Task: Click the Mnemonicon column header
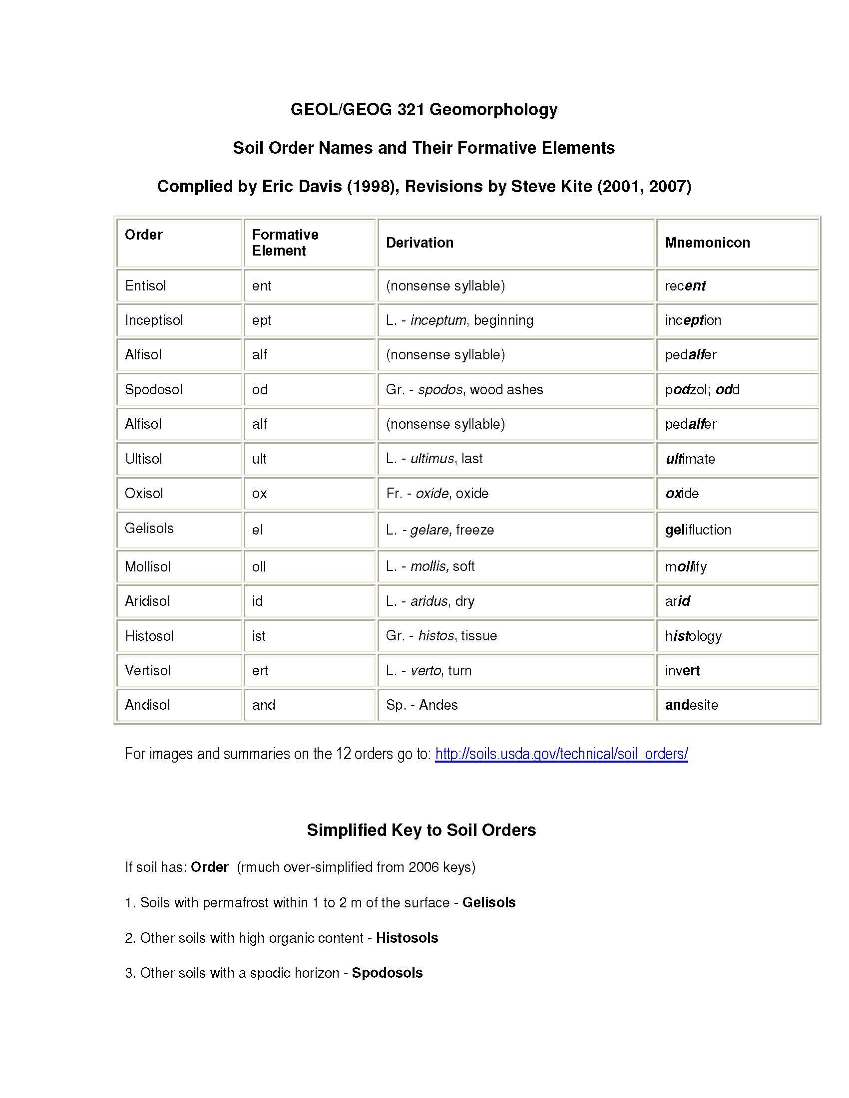pyautogui.click(x=707, y=243)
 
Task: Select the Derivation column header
pyautogui.click(x=420, y=243)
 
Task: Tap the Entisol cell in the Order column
pyautogui.click(x=145, y=285)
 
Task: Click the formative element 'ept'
pyautogui.click(x=262, y=320)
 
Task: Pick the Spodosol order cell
pyautogui.click(x=153, y=389)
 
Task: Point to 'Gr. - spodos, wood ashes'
pyautogui.click(x=464, y=389)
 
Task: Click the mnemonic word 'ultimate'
pyautogui.click(x=690, y=459)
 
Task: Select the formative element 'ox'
pyautogui.click(x=260, y=493)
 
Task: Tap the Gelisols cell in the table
pyautogui.click(x=149, y=528)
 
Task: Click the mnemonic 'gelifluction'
pyautogui.click(x=698, y=530)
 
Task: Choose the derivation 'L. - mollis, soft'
pyautogui.click(x=430, y=566)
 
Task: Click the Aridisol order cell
pyautogui.click(x=147, y=601)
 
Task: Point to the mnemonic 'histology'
pyautogui.click(x=693, y=636)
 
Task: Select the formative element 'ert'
pyautogui.click(x=260, y=670)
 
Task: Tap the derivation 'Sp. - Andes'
pyautogui.click(x=422, y=705)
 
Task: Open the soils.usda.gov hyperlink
pyautogui.click(x=561, y=754)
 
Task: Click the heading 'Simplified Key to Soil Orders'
pyautogui.click(x=421, y=829)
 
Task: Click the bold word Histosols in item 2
pyautogui.click(x=407, y=938)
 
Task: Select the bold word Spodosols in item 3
pyautogui.click(x=387, y=973)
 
